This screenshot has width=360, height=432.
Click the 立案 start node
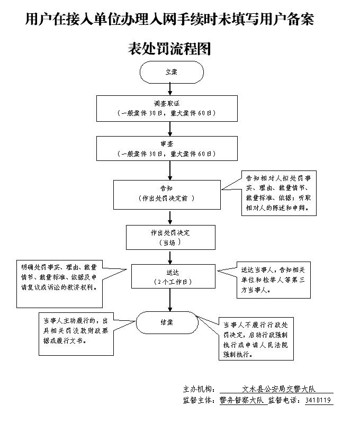(170, 72)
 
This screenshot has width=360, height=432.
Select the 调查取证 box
(169, 108)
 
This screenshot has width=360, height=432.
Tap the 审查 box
(169, 149)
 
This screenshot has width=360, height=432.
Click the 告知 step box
(167, 194)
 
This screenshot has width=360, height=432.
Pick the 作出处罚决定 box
(169, 237)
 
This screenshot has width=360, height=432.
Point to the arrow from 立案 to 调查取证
(170, 89)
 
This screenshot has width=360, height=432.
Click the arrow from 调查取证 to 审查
(170, 129)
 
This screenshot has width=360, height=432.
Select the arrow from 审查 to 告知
(170, 170)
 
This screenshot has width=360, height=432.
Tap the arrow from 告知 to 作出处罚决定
(170, 217)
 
